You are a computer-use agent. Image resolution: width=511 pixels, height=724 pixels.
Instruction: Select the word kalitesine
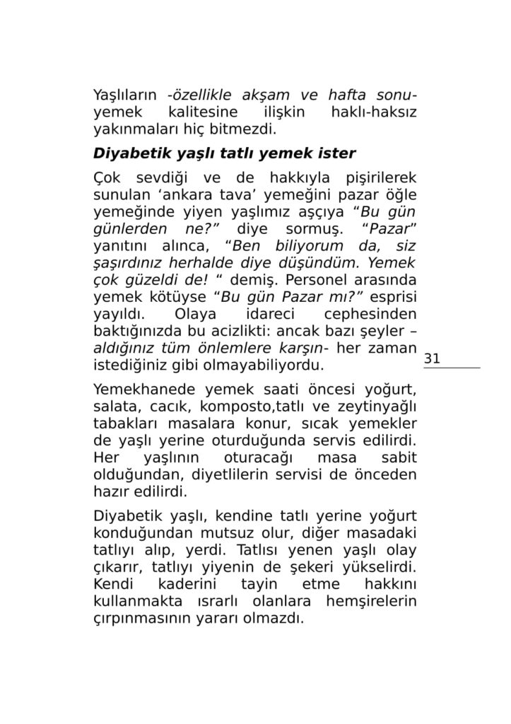click(x=198, y=112)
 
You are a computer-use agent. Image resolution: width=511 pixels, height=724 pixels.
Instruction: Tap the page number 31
click(x=432, y=358)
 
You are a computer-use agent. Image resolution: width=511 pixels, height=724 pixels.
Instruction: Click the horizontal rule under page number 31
click(x=452, y=368)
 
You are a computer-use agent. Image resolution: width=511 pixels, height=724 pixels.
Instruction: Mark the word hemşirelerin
click(x=372, y=602)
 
